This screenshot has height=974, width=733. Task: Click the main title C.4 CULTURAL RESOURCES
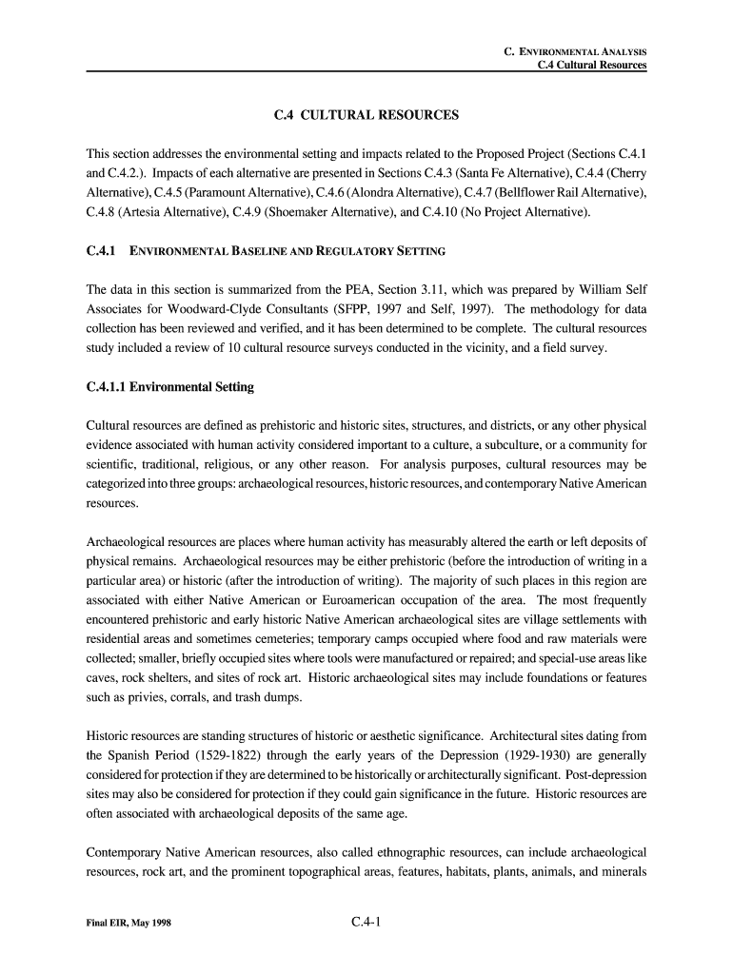(366, 115)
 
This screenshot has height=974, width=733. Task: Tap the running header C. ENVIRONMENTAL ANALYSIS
(575, 50)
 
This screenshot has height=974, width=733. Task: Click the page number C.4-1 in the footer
(366, 922)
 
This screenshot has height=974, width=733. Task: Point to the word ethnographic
(381, 852)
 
